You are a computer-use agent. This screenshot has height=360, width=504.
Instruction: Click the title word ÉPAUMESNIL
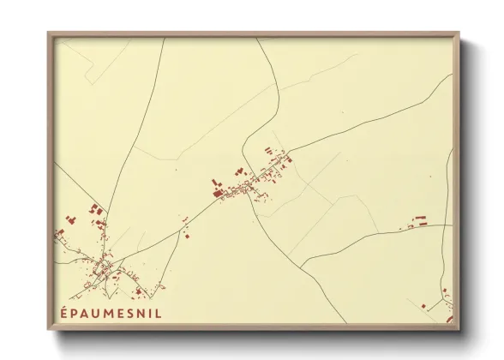[x=111, y=313]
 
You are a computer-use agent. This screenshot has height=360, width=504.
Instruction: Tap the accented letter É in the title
[x=65, y=313]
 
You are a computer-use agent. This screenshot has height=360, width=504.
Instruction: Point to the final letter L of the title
[x=159, y=313]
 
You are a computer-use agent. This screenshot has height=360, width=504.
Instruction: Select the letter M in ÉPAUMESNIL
[x=109, y=313]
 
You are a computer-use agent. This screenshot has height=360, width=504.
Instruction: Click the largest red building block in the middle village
[x=218, y=194]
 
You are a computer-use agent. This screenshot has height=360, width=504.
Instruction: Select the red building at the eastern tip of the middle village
[x=288, y=158]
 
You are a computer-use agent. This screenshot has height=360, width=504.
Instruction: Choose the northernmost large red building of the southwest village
[x=95, y=208]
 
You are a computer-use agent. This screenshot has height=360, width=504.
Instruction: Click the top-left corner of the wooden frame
[x=49, y=34]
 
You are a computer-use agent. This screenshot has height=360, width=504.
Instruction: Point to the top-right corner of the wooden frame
[x=458, y=34]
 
